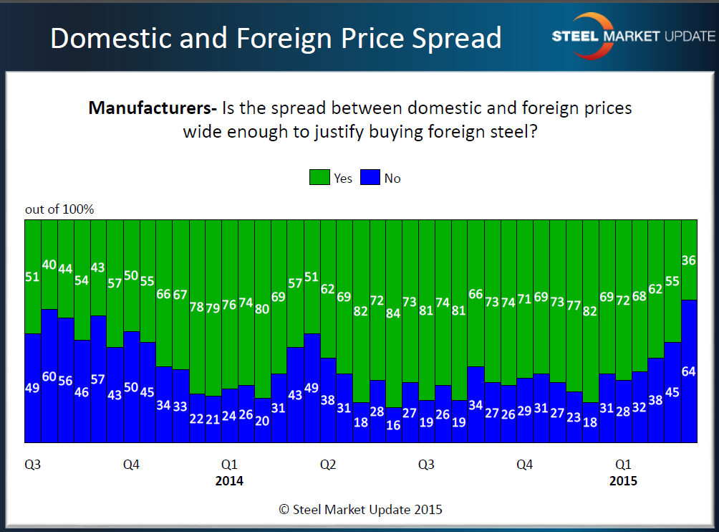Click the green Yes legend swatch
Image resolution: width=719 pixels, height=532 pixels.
tap(319, 178)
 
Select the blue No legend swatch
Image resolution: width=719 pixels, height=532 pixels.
tap(370, 178)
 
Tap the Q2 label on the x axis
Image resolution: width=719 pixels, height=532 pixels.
tap(328, 465)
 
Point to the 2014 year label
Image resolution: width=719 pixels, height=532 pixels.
tap(229, 481)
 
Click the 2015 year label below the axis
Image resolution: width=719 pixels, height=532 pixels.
tap(623, 481)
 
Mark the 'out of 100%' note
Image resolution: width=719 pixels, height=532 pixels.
tap(59, 209)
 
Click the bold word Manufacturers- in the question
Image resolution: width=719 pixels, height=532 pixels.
tap(153, 109)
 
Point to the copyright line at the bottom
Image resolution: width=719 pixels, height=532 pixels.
tap(360, 510)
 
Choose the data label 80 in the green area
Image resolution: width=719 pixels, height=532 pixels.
tap(263, 309)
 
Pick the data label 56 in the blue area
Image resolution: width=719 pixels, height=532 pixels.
tap(65, 381)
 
